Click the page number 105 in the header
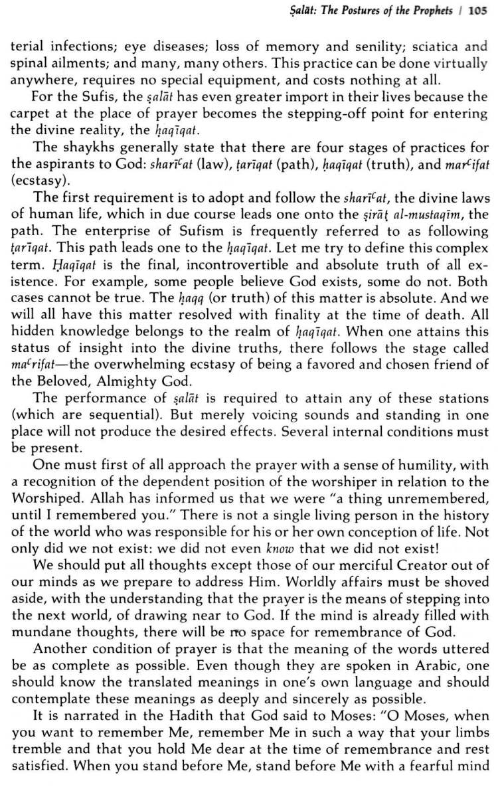tap(478, 11)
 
